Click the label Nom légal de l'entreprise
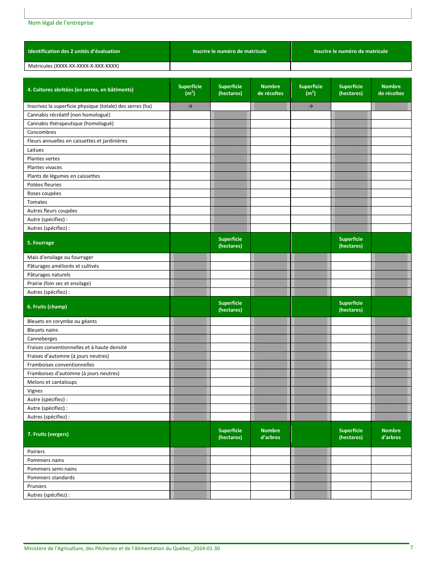tap(61, 23)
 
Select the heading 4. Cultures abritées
tap(80, 90)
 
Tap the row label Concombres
tap(42, 133)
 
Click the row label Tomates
tap(37, 202)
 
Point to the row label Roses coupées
tap(44, 193)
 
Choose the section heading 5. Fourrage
tap(41, 243)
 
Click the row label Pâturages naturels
tap(49, 275)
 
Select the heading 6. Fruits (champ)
tap(47, 307)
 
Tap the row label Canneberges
tap(42, 339)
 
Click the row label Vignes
tap(35, 391)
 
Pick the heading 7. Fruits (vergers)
tap(48, 435)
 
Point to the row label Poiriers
tap(36, 452)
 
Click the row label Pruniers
tap(37, 487)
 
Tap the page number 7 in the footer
tap(411, 548)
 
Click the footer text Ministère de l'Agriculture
tap(122, 548)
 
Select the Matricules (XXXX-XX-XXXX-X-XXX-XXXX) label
tap(74, 66)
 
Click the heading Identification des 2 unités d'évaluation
tap(74, 52)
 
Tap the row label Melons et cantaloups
tap(52, 382)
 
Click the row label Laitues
tap(36, 150)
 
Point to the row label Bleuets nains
tap(42, 330)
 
